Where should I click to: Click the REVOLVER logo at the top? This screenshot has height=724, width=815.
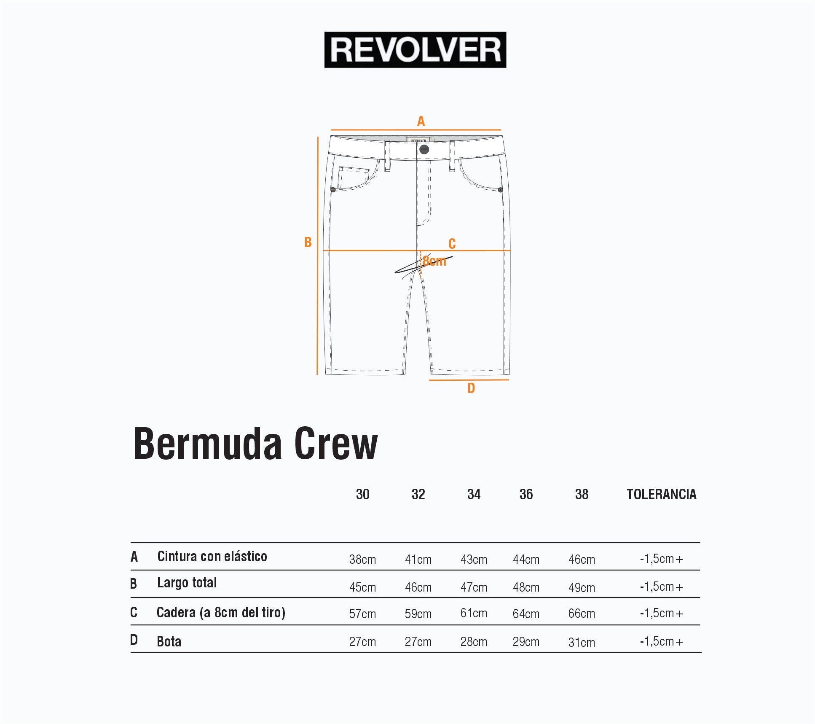[x=415, y=50]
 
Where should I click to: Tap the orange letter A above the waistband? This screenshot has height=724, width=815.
[x=421, y=121]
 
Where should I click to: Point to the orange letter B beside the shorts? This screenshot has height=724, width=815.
[x=308, y=242]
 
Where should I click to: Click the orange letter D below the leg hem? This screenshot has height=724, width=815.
[x=471, y=388]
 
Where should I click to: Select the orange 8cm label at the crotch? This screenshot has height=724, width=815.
[x=434, y=261]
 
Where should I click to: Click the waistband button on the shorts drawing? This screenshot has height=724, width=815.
[x=424, y=149]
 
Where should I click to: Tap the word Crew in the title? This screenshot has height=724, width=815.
[x=336, y=444]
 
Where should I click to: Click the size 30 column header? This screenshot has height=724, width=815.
[x=362, y=494]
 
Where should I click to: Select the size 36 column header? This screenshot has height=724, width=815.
[x=526, y=494]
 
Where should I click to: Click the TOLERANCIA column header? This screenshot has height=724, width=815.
[x=661, y=494]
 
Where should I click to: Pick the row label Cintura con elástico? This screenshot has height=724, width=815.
[x=212, y=557]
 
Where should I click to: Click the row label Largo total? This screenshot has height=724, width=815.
[x=187, y=583]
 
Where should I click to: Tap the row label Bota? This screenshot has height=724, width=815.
[x=169, y=641]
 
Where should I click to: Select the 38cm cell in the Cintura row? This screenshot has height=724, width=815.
[x=362, y=560]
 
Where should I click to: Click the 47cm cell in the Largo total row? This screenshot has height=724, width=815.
[x=474, y=587]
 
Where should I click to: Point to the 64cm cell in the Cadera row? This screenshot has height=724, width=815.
[x=526, y=614]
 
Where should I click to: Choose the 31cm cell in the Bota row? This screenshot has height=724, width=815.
[x=582, y=642]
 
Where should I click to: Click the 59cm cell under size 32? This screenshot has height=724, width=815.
[x=418, y=614]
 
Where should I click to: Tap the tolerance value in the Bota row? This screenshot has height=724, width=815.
[x=661, y=641]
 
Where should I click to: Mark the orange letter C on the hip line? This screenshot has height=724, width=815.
[x=452, y=244]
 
